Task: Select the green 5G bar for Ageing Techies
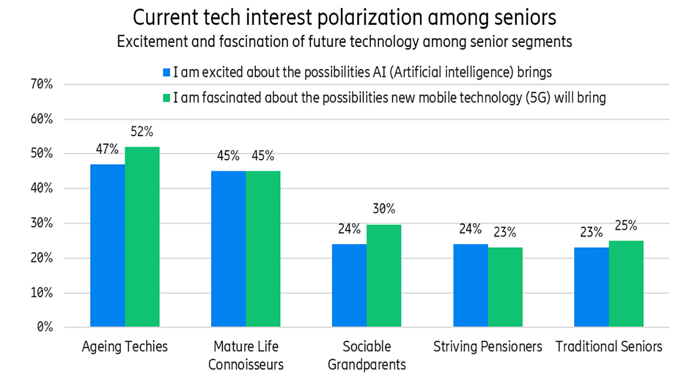142,237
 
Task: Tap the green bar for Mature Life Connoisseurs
263,249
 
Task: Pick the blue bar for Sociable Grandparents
349,285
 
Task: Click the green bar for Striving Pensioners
505,287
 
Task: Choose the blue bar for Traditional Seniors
591,287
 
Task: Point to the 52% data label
142,132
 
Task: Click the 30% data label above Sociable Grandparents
384,209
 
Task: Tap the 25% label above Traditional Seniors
626,225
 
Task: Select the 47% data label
107,149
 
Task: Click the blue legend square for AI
167,73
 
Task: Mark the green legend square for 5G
167,98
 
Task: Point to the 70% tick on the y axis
41,84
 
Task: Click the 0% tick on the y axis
45,327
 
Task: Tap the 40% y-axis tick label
41,188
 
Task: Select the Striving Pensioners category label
487,347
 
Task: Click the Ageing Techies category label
124,347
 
